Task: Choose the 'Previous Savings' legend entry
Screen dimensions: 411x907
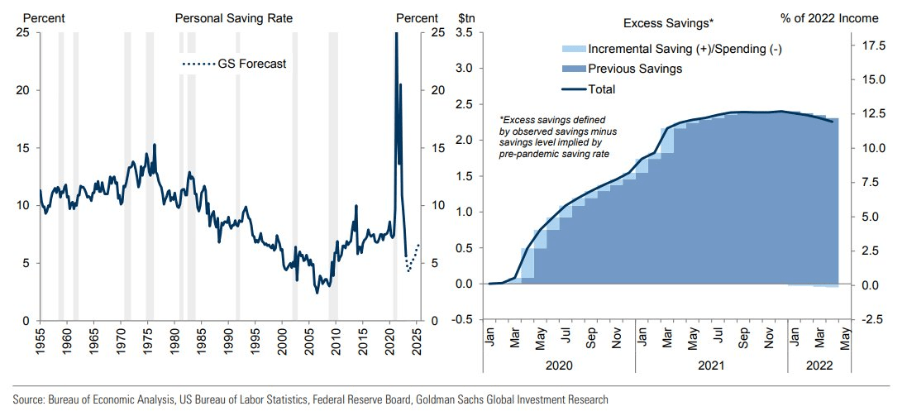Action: [x=634, y=69]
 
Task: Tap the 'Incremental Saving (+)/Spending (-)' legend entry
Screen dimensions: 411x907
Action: [x=685, y=49]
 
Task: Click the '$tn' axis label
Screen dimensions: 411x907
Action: [x=465, y=17]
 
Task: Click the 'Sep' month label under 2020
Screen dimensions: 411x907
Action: [x=590, y=338]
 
